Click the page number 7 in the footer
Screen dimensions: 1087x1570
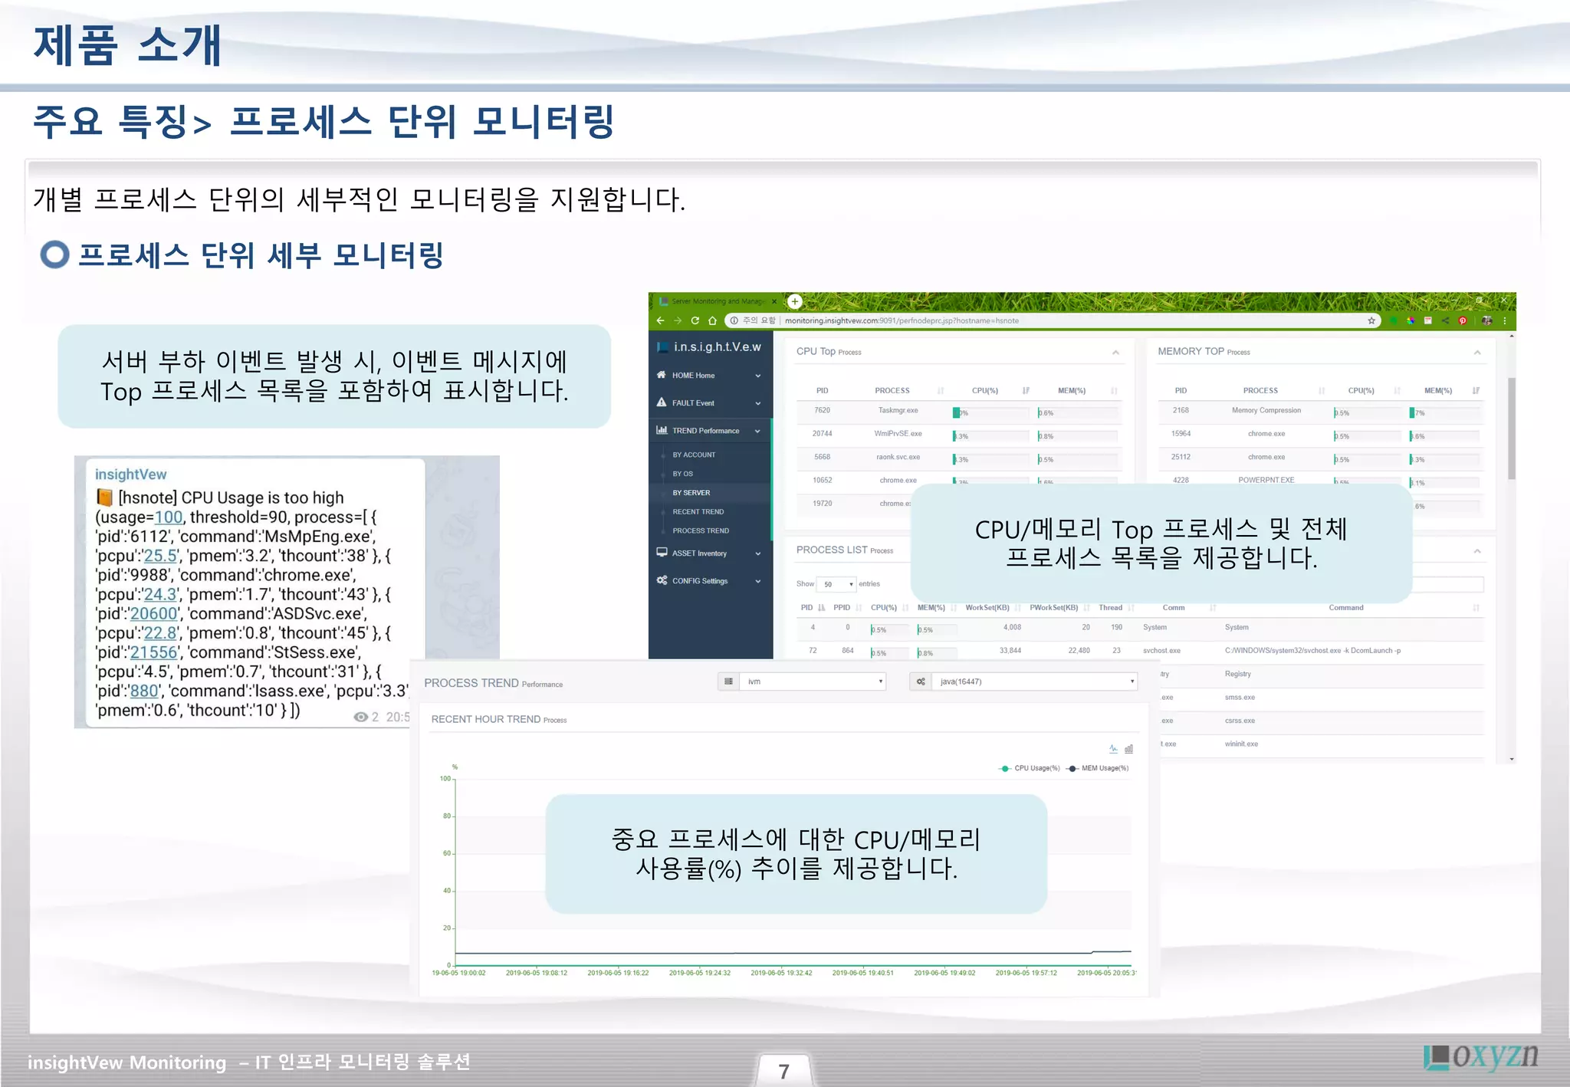[783, 1070]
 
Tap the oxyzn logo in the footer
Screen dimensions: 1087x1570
[1481, 1056]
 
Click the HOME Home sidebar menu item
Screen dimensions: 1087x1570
[693, 376]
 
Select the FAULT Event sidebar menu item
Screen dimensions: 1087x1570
[693, 403]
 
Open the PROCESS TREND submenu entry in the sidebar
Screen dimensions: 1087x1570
[701, 530]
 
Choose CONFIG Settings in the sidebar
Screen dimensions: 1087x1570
[699, 581]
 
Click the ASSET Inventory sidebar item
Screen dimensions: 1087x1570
[699, 553]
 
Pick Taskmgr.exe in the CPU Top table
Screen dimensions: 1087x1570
[898, 411]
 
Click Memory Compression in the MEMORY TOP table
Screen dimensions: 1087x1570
[1266, 411]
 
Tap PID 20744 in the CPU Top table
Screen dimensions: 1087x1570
[822, 434]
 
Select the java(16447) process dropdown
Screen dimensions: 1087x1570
[1032, 681]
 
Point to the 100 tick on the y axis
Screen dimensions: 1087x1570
[445, 779]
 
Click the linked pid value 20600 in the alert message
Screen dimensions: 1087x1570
[153, 614]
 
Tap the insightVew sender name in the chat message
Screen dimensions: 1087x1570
[130, 475]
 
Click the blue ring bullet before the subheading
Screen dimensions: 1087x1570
[54, 255]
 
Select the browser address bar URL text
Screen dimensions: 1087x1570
[902, 321]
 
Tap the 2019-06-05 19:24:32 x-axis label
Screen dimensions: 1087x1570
[699, 973]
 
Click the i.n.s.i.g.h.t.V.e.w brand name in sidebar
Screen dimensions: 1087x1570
[717, 347]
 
